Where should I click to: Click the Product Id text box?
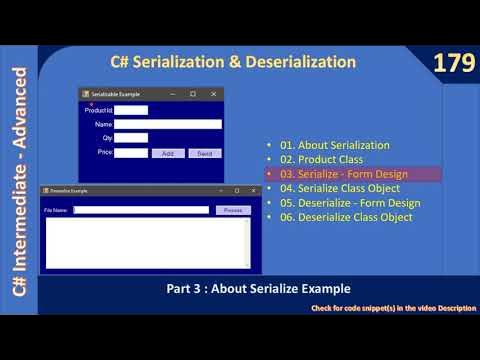pos(131,110)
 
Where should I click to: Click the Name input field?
pos(167,124)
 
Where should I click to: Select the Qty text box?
pos(131,138)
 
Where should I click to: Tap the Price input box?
pos(131,153)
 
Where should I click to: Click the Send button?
pos(204,153)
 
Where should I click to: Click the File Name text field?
pos(141,210)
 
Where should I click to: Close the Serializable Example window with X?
pos(213,94)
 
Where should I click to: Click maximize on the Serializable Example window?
pos(193,94)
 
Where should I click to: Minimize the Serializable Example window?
pos(172,94)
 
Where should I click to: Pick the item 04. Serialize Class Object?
pos(340,188)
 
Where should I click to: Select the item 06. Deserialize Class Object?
pos(346,217)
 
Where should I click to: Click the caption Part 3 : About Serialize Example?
pos(258,288)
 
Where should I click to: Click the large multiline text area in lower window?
pos(145,242)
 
